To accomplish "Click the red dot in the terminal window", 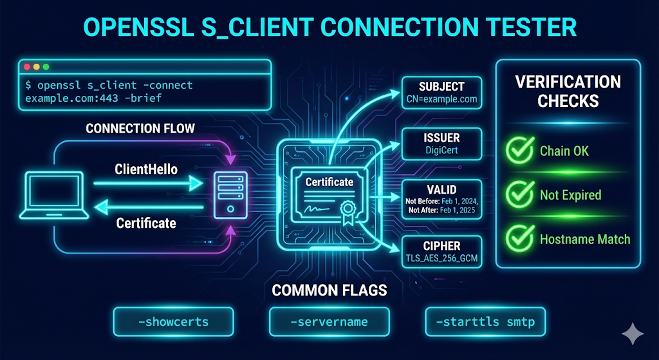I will pyautogui.click(x=27, y=67).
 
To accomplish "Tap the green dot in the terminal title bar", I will pyautogui.click(x=46, y=67).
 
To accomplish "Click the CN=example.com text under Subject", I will pyautogui.click(x=441, y=99).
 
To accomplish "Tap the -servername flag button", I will pyautogui.click(x=329, y=321).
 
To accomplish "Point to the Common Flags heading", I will pyautogui.click(x=329, y=290).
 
